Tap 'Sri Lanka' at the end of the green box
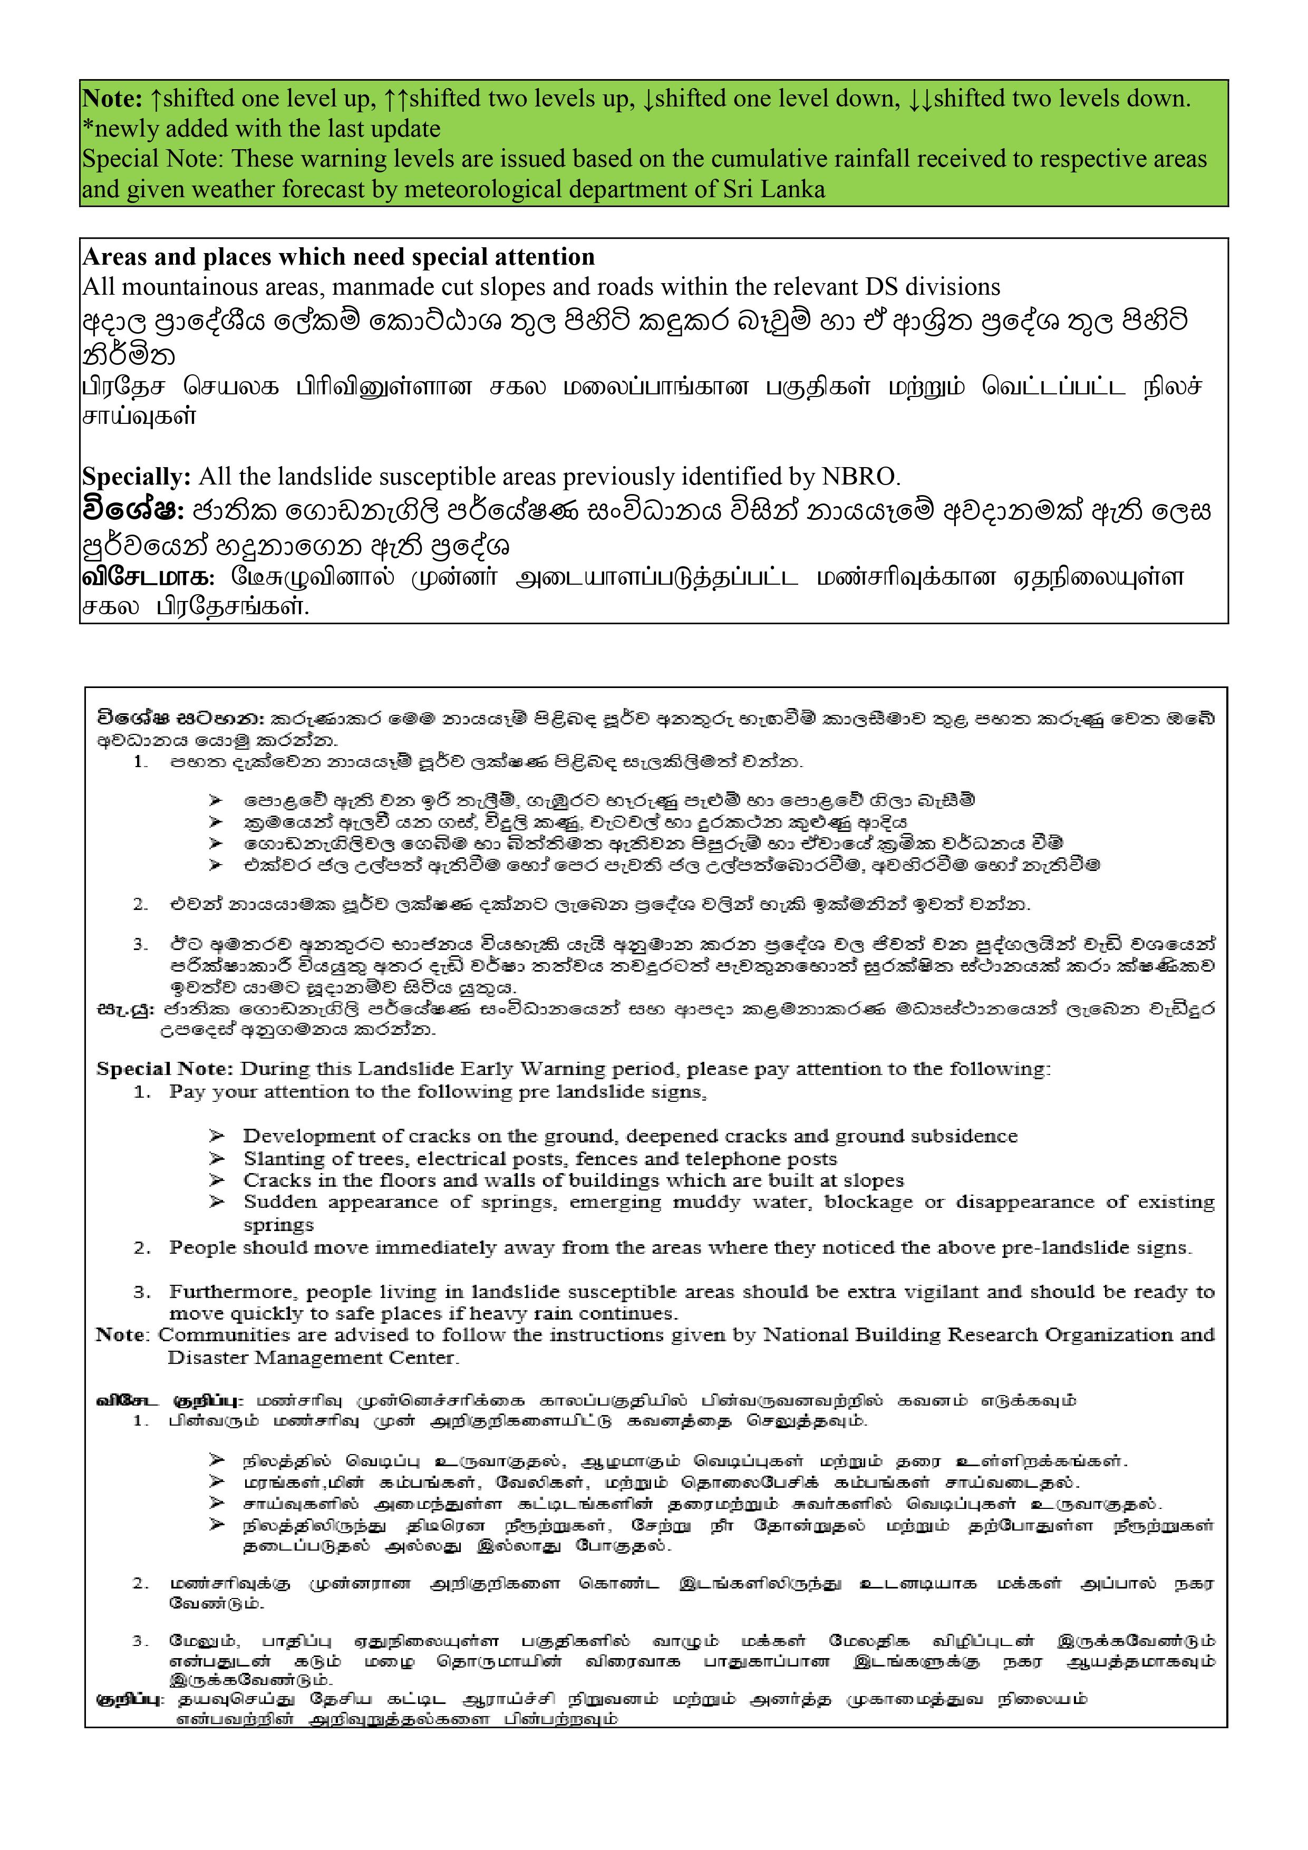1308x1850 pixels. [774, 190]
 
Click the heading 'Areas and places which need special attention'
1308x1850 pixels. [338, 257]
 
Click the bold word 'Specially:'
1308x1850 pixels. [136, 477]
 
